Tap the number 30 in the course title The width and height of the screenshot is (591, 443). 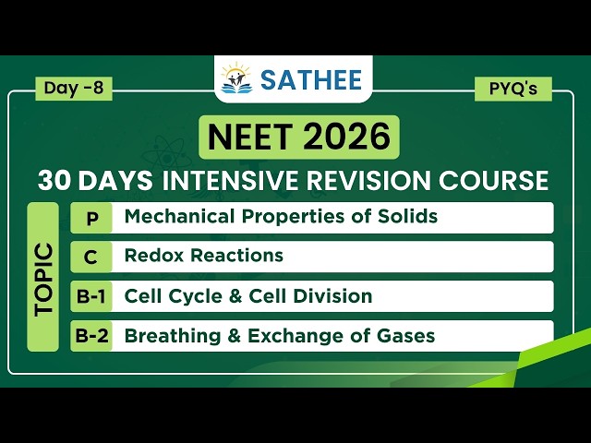56,180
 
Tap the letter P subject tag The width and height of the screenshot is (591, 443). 90,219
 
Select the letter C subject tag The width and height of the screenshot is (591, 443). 90,257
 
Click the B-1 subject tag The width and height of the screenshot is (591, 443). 90,297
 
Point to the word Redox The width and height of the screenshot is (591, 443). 152,256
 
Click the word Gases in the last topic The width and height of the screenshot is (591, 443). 405,336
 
